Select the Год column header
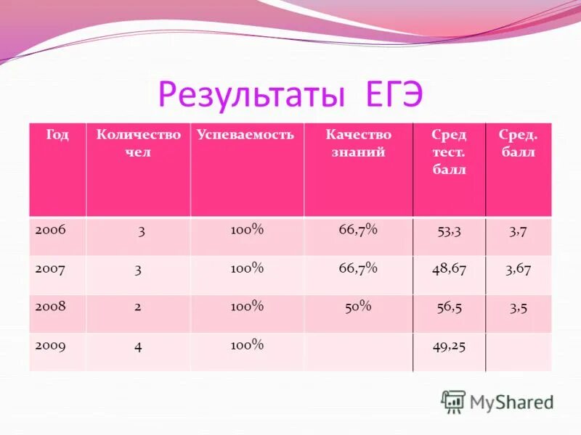point(57,136)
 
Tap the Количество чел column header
point(138,143)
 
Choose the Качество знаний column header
point(358,143)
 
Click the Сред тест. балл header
point(449,152)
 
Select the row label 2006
point(51,229)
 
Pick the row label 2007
point(51,268)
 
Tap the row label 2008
point(51,307)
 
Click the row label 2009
point(51,346)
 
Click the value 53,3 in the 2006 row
point(449,231)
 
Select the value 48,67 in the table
point(449,269)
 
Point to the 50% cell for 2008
point(357,307)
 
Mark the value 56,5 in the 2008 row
point(449,307)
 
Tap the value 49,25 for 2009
point(449,346)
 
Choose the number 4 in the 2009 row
point(138,347)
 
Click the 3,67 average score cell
point(519,269)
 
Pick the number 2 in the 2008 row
point(138,307)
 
